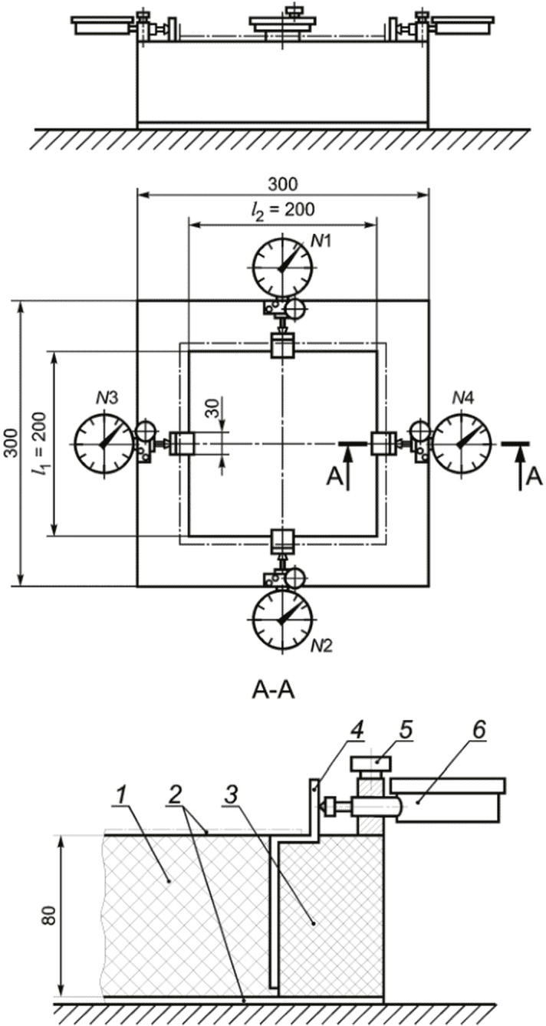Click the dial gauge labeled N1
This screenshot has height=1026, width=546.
pos(281,267)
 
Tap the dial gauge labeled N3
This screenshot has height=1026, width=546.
pos(105,444)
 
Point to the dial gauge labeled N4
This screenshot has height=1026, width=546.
pos(460,444)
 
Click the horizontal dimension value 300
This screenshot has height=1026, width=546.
pos(283,184)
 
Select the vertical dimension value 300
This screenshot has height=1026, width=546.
pos(11,443)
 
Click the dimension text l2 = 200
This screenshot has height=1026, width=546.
pos(283,210)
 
